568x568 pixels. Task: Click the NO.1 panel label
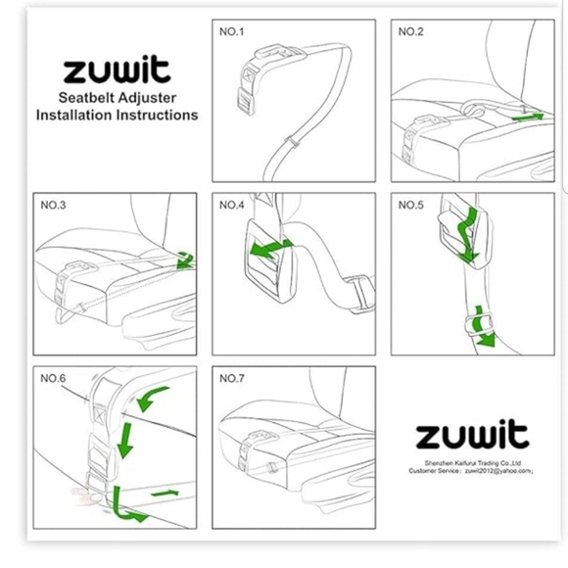pos(231,32)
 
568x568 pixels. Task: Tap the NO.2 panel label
pos(410,32)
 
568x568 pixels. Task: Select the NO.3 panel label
pos(53,205)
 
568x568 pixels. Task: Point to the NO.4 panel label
pos(231,205)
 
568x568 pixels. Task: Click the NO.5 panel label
pos(410,205)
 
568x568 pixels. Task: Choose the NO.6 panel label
pos(53,379)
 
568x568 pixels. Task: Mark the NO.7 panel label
pos(231,379)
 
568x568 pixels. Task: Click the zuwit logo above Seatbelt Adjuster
pos(117,69)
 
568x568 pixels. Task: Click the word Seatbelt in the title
pos(86,98)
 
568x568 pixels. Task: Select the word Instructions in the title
pos(157,116)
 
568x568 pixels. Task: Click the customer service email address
pos(498,471)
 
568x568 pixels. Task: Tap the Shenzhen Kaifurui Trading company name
pos(473,463)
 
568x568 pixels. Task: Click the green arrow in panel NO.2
pos(528,117)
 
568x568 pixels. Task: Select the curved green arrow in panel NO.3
pos(185,260)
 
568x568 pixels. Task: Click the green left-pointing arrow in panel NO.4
pos(271,248)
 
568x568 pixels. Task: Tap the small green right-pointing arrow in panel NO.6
pos(165,493)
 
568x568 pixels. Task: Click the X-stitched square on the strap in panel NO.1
pos(249,75)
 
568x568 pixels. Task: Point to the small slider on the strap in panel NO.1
pos(292,142)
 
